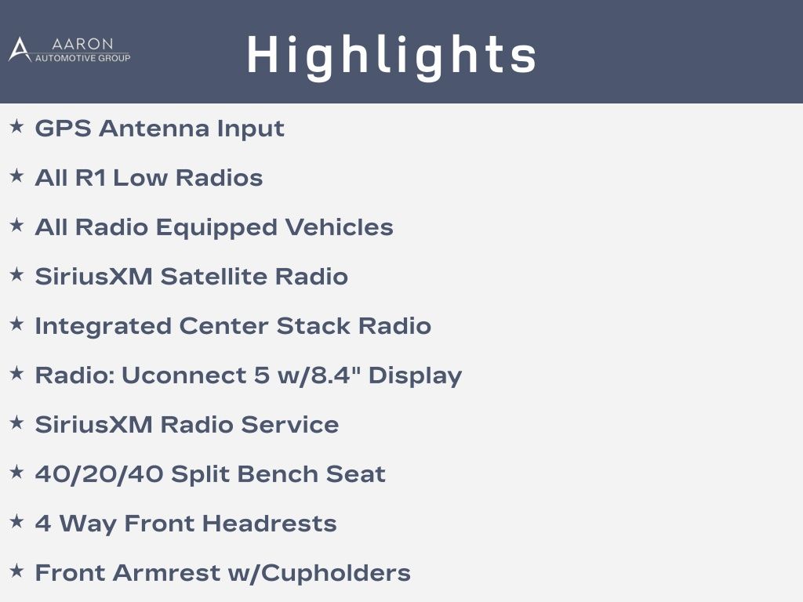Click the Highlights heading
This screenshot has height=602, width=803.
[x=391, y=56]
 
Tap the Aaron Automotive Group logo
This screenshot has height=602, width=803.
[x=70, y=49]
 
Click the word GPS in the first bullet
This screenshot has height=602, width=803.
[x=63, y=128]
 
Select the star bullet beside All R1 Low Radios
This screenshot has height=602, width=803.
[x=17, y=176]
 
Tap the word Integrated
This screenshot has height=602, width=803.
[x=103, y=327]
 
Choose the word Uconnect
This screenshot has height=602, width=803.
[x=184, y=375]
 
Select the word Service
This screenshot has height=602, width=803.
[x=290, y=425]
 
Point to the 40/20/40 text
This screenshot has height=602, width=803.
[x=100, y=474]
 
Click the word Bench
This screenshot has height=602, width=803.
[x=278, y=474]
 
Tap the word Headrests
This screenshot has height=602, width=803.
[x=270, y=524]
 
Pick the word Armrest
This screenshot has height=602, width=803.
[x=166, y=573]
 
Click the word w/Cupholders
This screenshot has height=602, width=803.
[x=319, y=574]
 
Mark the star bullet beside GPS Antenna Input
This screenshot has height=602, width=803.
[x=17, y=126]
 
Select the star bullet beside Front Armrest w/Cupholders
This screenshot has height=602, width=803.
[x=17, y=571]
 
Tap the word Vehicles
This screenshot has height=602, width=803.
[x=340, y=227]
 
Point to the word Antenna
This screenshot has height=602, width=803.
[x=154, y=128]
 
